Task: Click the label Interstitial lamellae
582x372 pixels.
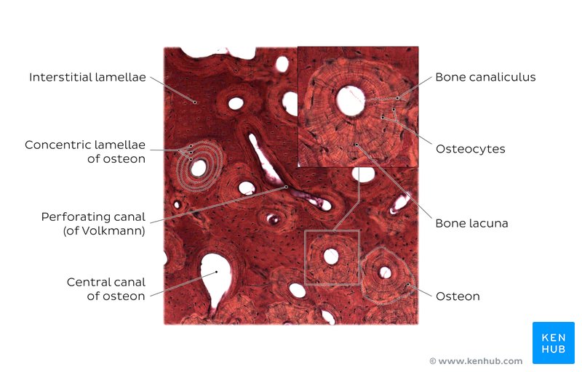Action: tap(87, 77)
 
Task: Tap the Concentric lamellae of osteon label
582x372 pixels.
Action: tap(85, 152)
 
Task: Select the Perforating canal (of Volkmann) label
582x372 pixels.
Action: tap(93, 224)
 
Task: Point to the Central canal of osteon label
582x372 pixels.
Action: tap(105, 289)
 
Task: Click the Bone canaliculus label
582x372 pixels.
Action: tap(485, 77)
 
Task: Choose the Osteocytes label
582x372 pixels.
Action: tap(470, 149)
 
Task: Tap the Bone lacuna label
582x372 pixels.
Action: tap(471, 224)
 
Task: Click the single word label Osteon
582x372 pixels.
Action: tap(458, 296)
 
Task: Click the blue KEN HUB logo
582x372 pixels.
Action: tap(554, 343)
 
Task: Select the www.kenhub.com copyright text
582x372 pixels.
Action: tap(477, 361)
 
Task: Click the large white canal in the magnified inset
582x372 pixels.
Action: tap(351, 100)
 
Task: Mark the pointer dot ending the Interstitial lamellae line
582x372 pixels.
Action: tap(195, 102)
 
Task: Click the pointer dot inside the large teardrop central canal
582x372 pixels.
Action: tap(216, 272)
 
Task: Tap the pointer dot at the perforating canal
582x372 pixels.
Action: tap(286, 187)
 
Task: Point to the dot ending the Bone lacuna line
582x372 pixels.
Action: tap(356, 145)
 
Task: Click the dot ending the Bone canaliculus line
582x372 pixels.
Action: tap(397, 98)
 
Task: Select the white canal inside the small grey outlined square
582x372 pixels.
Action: tap(331, 256)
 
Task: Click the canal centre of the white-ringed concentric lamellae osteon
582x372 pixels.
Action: tap(198, 169)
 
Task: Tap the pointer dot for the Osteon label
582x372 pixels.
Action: tap(408, 284)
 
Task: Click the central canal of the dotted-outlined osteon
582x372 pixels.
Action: tap(385, 272)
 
